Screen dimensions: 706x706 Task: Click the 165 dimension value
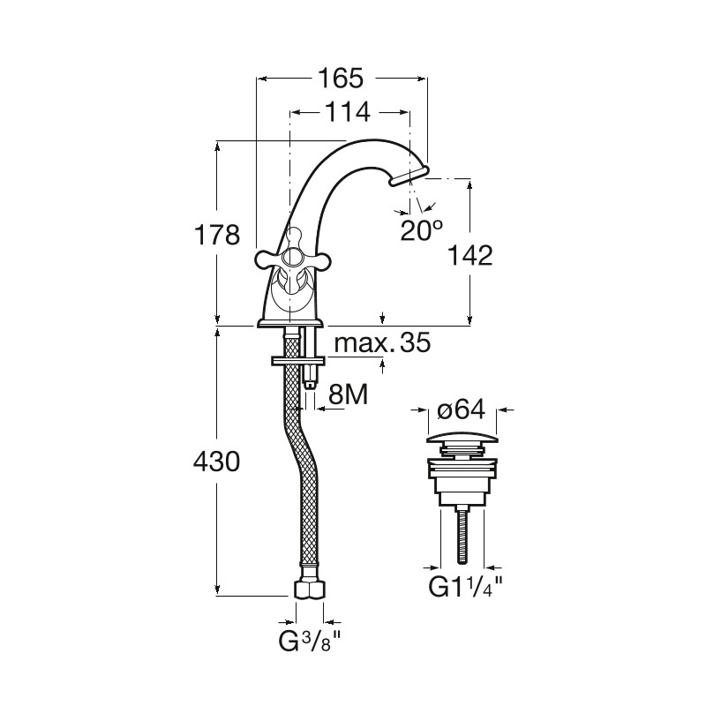pos(340,79)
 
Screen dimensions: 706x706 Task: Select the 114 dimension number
pos(347,112)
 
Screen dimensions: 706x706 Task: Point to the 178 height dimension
pos(216,235)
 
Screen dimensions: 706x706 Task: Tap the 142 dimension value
pos(469,256)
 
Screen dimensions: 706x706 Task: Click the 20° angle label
pos(421,229)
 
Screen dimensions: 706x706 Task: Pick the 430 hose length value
pos(216,462)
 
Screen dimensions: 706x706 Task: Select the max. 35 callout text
pos(383,343)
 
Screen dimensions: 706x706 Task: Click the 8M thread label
pos(348,394)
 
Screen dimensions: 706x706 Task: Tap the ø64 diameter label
pos(462,409)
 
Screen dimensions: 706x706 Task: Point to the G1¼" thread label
pos(465,587)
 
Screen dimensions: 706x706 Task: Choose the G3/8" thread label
pos(311,642)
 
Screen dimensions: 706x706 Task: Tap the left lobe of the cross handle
pos(267,259)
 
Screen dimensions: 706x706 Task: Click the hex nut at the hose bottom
pos(310,589)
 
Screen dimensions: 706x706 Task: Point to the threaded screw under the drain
pos(462,535)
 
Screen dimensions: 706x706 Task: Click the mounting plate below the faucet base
pos(298,361)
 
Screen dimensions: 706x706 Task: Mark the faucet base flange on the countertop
pos(290,322)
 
